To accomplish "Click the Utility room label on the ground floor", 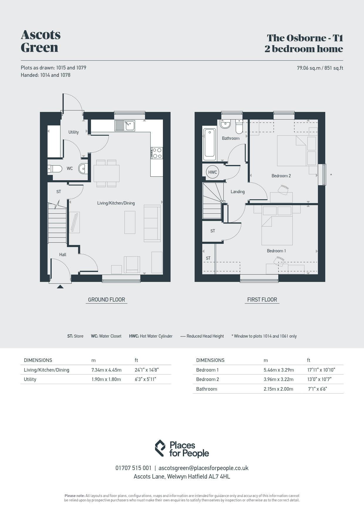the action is pyautogui.click(x=73, y=132).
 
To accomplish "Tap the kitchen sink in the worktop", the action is pyautogui.click(x=125, y=125).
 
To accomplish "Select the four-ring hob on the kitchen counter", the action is pyautogui.click(x=157, y=153).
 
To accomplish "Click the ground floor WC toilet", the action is pyautogui.click(x=55, y=169).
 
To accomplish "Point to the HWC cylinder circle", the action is pyautogui.click(x=213, y=172).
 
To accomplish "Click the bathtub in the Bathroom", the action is pyautogui.click(x=210, y=144).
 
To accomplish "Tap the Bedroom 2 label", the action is pyautogui.click(x=281, y=176).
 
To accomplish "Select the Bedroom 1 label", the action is pyautogui.click(x=276, y=251).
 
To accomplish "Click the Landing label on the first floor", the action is pyautogui.click(x=237, y=192).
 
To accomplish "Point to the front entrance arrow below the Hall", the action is pyautogui.click(x=60, y=287).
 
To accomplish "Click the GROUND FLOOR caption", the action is pyautogui.click(x=107, y=299).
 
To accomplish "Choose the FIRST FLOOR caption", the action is pyautogui.click(x=262, y=299).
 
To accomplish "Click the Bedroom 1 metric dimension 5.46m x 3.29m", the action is pyautogui.click(x=279, y=370).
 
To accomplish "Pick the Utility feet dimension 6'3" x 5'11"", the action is pyautogui.click(x=145, y=379).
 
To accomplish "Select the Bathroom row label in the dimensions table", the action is pyautogui.click(x=207, y=389).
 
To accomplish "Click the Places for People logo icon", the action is pyautogui.click(x=160, y=448).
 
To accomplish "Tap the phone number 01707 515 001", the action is pyautogui.click(x=134, y=468).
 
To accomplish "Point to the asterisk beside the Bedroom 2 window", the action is pyautogui.click(x=331, y=175).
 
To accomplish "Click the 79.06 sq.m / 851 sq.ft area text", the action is pyautogui.click(x=320, y=68).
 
